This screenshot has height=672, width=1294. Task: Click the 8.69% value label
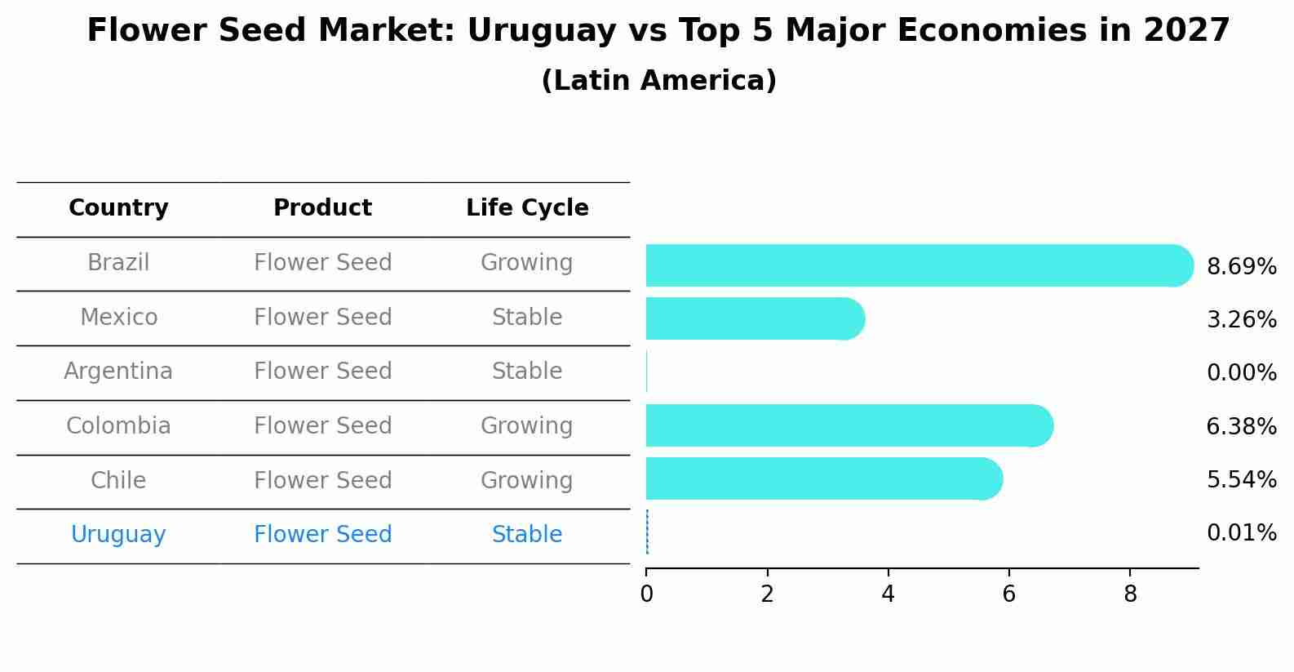click(x=1241, y=267)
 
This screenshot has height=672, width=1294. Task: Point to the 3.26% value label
click(x=1241, y=320)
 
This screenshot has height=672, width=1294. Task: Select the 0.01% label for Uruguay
click(x=1241, y=533)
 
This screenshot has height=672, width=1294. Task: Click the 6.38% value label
click(x=1241, y=426)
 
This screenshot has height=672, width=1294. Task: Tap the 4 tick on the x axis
click(x=888, y=594)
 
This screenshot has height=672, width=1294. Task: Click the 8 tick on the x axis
click(x=1130, y=594)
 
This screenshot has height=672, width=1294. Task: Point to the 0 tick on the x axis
click(x=646, y=594)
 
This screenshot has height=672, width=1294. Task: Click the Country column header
click(x=118, y=208)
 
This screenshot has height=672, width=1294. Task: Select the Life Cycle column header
click(x=527, y=208)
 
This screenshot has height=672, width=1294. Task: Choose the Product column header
click(x=322, y=208)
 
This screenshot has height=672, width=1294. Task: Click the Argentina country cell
click(x=118, y=372)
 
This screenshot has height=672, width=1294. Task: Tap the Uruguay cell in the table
click(x=118, y=535)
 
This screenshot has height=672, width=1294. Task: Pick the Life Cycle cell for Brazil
click(x=527, y=263)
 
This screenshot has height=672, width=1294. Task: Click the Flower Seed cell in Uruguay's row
click(x=322, y=535)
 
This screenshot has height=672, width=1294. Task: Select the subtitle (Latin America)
click(x=658, y=81)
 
